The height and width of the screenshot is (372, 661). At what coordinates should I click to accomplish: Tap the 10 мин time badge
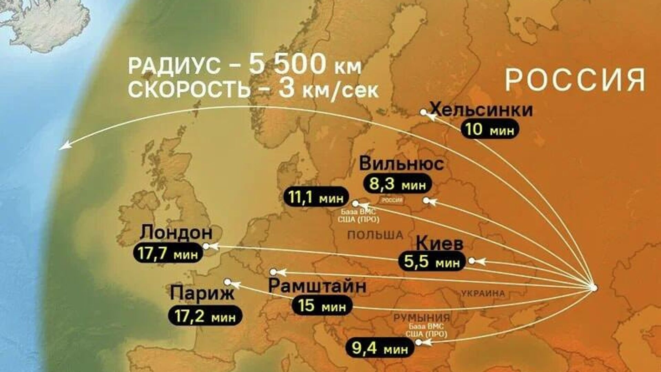click(489, 130)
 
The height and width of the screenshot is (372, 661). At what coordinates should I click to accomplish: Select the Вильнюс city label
click(401, 164)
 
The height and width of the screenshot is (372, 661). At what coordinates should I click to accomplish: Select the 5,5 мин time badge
click(432, 262)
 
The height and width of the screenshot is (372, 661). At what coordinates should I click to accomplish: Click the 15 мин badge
click(322, 306)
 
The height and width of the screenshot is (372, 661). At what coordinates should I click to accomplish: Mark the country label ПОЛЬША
click(375, 235)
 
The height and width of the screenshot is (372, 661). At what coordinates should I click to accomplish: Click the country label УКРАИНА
click(483, 294)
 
